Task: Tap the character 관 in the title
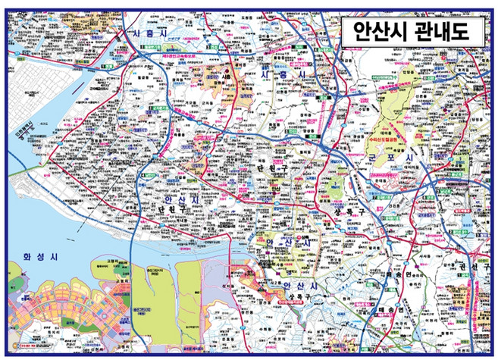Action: tap(420, 32)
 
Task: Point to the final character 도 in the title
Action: tap(462, 32)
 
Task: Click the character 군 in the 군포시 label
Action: tap(394, 157)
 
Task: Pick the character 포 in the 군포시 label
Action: tap(412, 157)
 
